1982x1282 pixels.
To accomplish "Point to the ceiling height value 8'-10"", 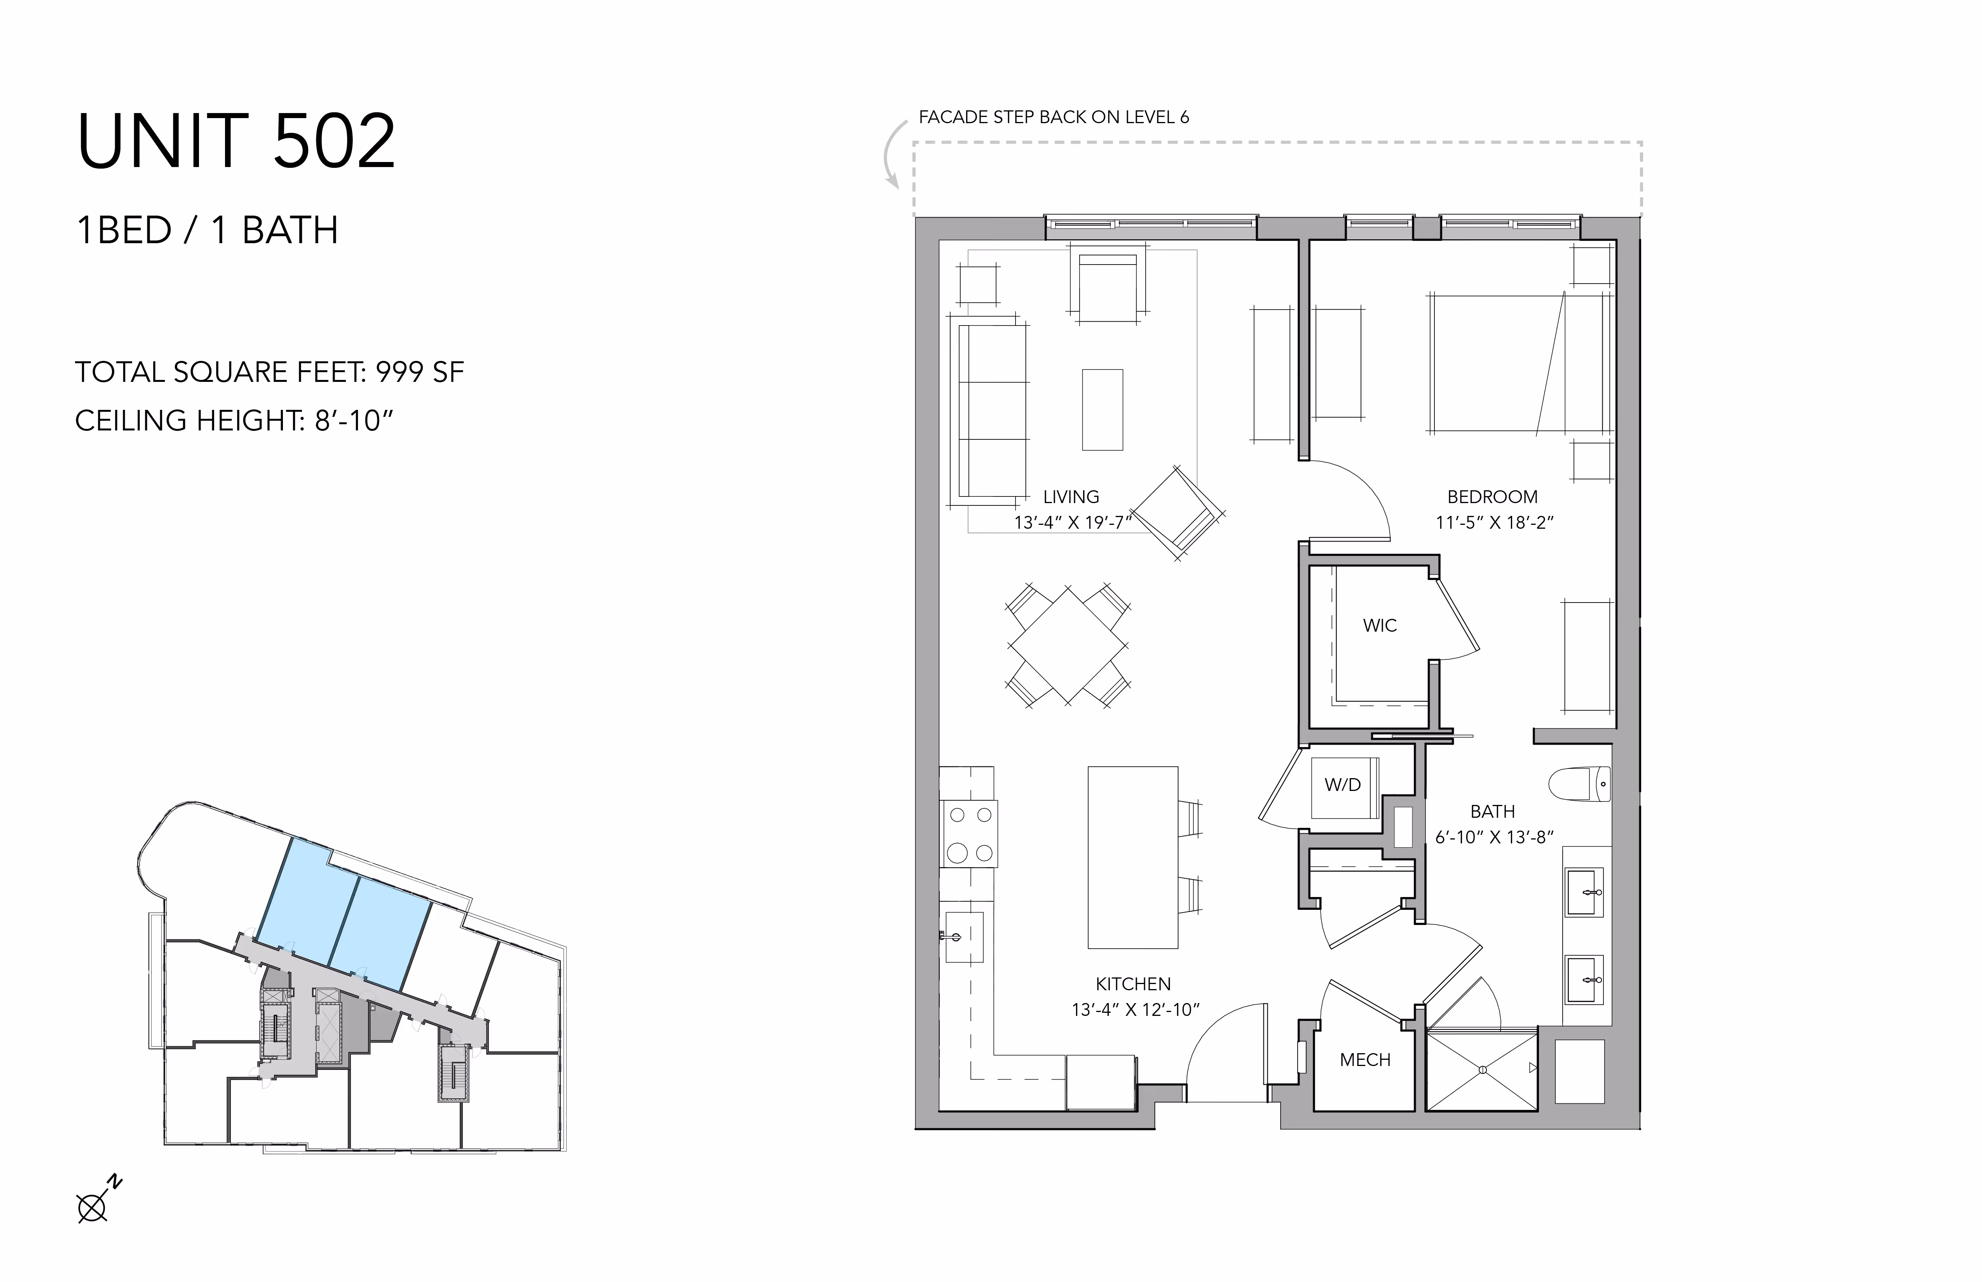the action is pos(353,420).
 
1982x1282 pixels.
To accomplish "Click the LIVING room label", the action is pos(1071,497).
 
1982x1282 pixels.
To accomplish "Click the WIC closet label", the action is pos(1380,625).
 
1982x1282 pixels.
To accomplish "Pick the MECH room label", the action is pos(1365,1060).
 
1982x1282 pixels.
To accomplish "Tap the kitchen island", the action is pos(1132,857).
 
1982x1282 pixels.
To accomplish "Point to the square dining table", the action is pos(1068,646).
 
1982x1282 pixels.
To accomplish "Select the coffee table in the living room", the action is pos(1103,409).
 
